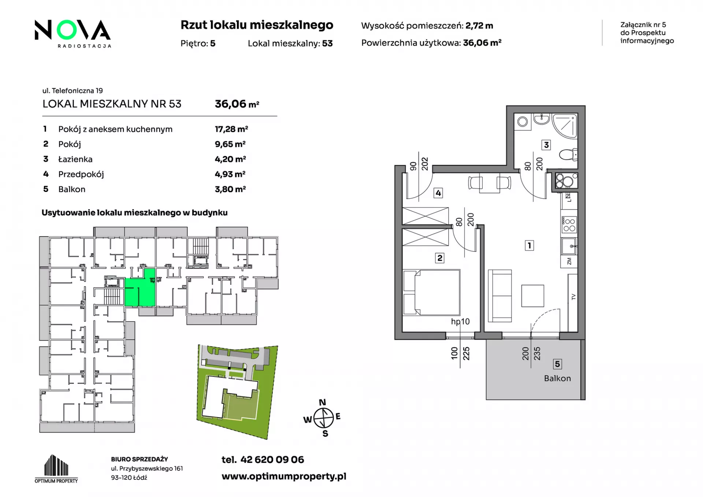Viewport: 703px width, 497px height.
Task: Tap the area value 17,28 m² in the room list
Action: pos(231,129)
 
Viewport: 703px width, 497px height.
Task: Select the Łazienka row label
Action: pos(75,159)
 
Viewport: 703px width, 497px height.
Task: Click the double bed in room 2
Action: pos(431,292)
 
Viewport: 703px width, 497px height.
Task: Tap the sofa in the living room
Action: pos(500,296)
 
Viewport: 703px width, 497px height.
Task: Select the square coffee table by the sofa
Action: pos(533,296)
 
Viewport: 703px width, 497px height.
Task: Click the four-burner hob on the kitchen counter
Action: pos(569,225)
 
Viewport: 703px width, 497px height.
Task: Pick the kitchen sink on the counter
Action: pos(569,246)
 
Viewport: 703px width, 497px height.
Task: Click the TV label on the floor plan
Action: pos(573,297)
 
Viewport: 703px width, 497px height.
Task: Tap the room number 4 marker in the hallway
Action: pos(438,193)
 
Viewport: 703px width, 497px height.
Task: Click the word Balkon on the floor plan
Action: pos(557,378)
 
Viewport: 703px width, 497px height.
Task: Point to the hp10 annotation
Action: pos(460,322)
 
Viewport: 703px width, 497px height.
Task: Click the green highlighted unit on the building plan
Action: pos(140,288)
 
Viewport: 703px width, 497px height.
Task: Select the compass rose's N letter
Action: pos(323,403)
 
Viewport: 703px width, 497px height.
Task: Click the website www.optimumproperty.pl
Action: pos(284,476)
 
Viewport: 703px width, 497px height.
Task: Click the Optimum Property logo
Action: pos(56,469)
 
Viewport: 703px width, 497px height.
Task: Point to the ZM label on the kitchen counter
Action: pos(569,262)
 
